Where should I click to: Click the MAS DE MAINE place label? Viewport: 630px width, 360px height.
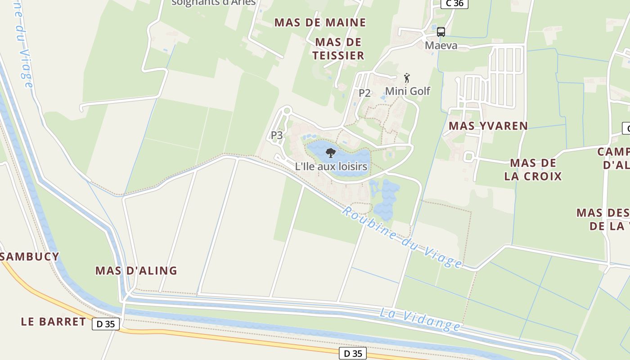pos(320,22)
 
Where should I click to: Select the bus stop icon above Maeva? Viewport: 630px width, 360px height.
pos(441,32)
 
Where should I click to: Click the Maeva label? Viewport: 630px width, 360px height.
pos(441,45)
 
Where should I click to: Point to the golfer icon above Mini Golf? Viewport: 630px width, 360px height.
pos(407,78)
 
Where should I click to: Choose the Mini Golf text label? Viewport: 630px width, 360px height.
pos(408,91)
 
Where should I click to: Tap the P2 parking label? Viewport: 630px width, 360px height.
pos(364,93)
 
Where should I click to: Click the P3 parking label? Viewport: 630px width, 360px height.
pos(277,135)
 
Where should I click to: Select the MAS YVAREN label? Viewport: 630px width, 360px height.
pos(488,126)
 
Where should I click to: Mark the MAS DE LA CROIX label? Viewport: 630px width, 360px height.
pos(533,169)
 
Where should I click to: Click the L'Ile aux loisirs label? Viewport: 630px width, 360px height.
pos(331,166)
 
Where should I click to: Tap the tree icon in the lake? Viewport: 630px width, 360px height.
pos(331,153)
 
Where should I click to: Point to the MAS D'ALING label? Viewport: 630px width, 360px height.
pos(136,270)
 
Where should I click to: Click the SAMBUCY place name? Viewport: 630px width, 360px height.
pos(30,256)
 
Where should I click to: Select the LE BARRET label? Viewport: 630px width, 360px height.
pos(54,321)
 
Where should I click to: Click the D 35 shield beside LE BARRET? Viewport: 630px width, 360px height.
pos(106,324)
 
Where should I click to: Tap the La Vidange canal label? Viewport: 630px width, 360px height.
pos(420,319)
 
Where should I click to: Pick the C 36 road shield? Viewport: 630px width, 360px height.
pos(454,4)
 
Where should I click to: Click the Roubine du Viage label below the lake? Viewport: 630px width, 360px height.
pos(402,237)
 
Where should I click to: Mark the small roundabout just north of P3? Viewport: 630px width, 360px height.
pos(287,110)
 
